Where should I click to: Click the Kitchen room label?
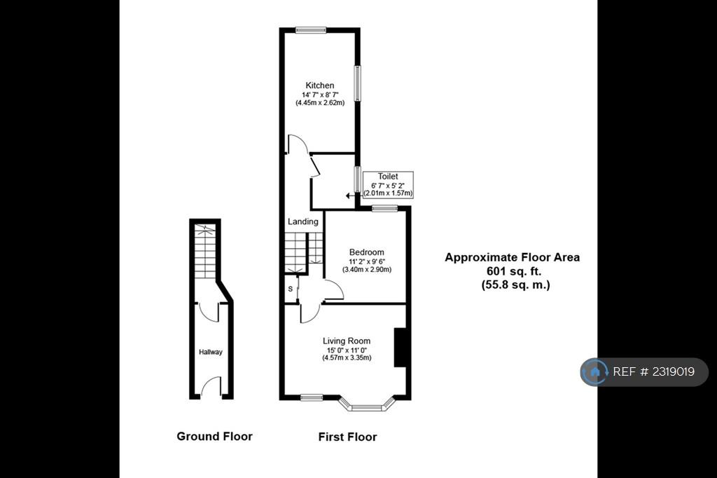[x=319, y=86]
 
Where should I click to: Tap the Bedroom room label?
[x=367, y=252]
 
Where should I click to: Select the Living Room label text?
[x=347, y=341]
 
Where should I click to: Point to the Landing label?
[x=302, y=221]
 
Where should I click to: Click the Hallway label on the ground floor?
[x=210, y=352]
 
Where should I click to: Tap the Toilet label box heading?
[x=388, y=177]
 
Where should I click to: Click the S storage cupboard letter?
[x=291, y=289]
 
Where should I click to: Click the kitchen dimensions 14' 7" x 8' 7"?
[x=319, y=95]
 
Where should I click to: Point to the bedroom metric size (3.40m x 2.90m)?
[x=367, y=270]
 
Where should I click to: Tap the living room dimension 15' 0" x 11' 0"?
[x=347, y=350]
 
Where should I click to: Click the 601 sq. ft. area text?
[x=514, y=271]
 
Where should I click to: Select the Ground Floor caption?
[x=214, y=437]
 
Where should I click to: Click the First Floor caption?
[x=347, y=437]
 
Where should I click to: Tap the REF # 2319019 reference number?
[x=653, y=371]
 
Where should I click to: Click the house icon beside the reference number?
[x=594, y=371]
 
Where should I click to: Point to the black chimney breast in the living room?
[x=400, y=347]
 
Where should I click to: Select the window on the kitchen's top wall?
[x=310, y=30]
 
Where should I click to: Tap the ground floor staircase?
[x=205, y=252]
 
